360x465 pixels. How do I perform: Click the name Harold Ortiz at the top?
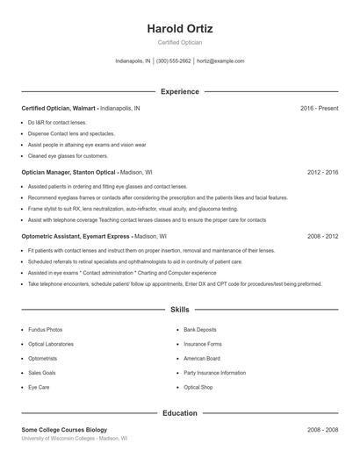180,29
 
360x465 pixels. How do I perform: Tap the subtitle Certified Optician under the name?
180,43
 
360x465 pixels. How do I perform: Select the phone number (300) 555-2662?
173,61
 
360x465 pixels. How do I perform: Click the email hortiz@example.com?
220,61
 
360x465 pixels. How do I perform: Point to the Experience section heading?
180,91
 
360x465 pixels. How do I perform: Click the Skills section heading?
180,310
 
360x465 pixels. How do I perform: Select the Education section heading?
180,412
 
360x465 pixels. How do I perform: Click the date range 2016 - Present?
319,108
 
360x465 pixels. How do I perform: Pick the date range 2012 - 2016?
322,173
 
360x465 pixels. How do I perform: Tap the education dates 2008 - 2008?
322,430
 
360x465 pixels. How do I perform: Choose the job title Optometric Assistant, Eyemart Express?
76,237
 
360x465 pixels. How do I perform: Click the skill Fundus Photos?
45,330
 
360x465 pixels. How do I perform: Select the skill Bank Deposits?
201,330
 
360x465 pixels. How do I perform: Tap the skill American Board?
202,358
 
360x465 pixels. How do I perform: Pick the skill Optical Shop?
198,387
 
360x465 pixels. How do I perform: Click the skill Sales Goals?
42,373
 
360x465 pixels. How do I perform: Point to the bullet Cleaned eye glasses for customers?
68,155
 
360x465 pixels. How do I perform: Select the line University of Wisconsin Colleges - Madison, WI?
75,439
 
